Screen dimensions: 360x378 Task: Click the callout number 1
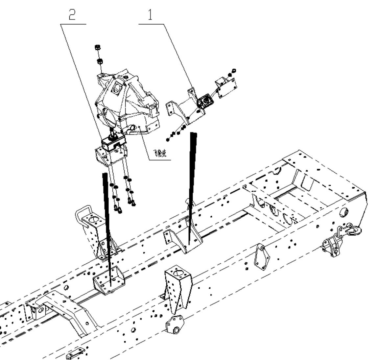[150, 15]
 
